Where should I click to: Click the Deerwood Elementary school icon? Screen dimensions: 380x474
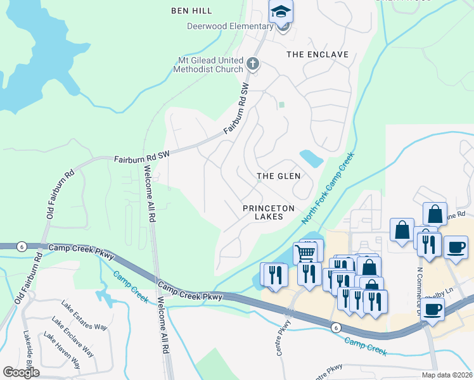[281, 12]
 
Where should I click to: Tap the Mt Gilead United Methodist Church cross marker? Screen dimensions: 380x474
[253, 63]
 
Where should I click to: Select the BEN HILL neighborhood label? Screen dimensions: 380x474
[191, 11]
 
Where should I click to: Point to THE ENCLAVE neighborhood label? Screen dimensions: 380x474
[317, 54]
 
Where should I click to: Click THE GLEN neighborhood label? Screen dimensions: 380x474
[278, 175]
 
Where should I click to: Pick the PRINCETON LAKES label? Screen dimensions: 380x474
[269, 212]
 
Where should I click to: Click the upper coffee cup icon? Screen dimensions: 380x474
[455, 247]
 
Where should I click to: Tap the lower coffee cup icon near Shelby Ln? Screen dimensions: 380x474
[433, 309]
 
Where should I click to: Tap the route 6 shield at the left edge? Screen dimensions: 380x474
[22, 247]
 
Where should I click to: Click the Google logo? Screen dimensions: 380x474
[22, 372]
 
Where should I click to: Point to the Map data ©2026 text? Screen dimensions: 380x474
[447, 375]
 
